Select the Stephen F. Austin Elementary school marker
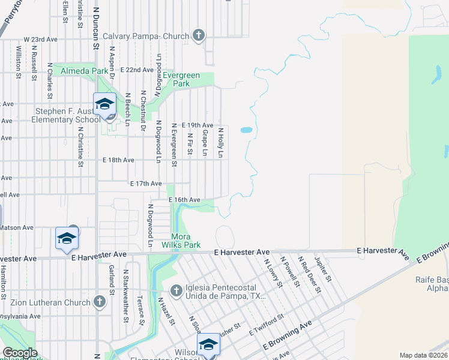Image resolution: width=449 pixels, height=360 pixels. pyautogui.click(x=104, y=105)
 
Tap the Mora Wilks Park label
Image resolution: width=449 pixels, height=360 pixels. pyautogui.click(x=181, y=241)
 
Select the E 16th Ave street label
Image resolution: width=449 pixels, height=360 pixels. pyautogui.click(x=184, y=199)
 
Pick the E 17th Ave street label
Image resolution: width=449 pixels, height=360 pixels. pyautogui.click(x=146, y=184)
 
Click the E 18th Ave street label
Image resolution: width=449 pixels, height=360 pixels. pyautogui.click(x=118, y=160)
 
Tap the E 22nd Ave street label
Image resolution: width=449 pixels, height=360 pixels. pyautogui.click(x=136, y=70)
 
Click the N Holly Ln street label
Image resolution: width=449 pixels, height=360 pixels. pyautogui.click(x=221, y=142)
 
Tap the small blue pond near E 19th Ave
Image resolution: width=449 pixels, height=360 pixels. pyautogui.click(x=246, y=130)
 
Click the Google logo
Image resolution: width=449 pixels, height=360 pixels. pyautogui.click(x=20, y=353)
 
